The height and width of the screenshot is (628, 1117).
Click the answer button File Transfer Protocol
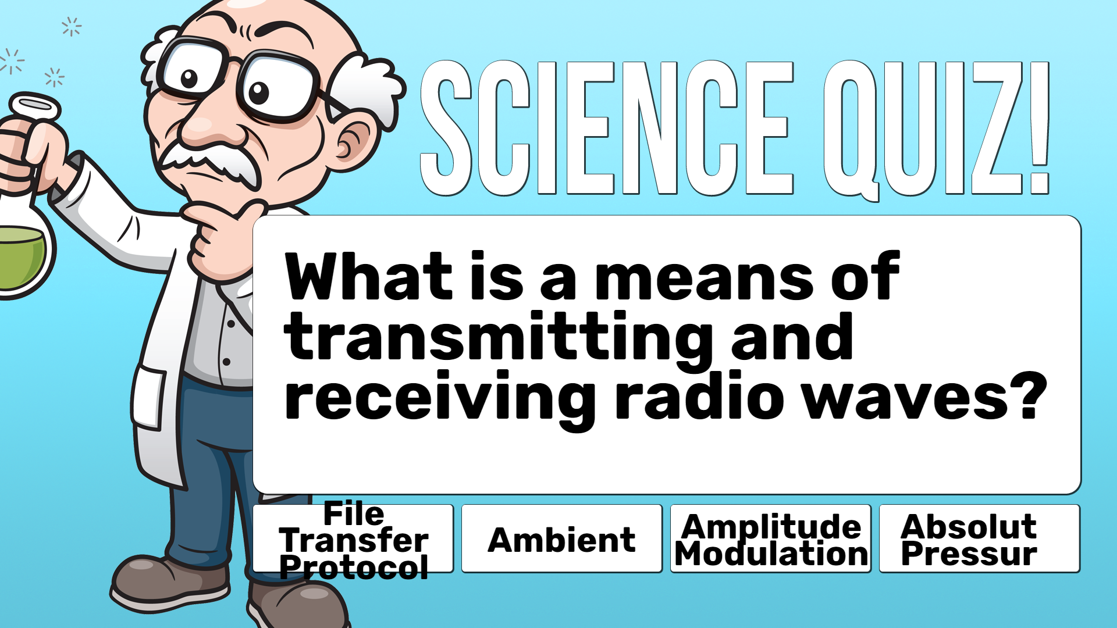(353, 538)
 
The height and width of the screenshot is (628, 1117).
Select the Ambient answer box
(562, 538)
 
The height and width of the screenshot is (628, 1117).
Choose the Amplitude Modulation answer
(771, 538)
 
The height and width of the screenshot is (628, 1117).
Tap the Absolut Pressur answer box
(980, 538)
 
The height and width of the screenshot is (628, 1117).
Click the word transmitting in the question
(499, 337)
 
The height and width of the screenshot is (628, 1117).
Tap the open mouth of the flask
(35, 105)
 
